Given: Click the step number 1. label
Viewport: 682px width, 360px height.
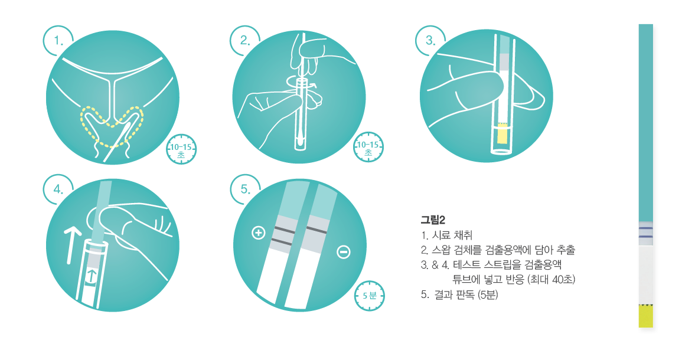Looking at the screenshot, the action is coord(58,41).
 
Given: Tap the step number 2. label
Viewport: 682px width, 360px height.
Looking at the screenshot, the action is coord(245,41).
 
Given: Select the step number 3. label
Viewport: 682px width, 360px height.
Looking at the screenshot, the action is coord(430,41).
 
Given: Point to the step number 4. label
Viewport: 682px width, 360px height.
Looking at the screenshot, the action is coord(58,189).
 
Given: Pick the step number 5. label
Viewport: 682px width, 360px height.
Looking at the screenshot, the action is coord(245,189).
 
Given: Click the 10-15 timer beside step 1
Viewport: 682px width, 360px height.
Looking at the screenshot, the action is coord(181,149).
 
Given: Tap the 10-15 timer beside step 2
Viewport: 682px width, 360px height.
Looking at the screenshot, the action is coord(368,147).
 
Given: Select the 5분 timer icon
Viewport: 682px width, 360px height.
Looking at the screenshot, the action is coord(369,296).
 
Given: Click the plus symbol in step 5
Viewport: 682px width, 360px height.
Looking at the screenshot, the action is coord(259,233).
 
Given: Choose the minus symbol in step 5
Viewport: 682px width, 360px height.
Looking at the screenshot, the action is coord(344,252).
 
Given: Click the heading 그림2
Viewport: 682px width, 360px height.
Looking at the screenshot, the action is coord(433,220).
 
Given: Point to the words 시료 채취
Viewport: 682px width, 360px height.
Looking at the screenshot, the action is coord(452,235).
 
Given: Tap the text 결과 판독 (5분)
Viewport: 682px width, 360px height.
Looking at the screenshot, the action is coord(466,294).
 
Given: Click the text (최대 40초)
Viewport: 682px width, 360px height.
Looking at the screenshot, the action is coord(551,279).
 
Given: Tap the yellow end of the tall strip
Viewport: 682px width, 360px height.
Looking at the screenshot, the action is coord(646,316).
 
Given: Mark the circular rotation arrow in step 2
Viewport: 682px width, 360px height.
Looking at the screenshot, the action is coord(301,84).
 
